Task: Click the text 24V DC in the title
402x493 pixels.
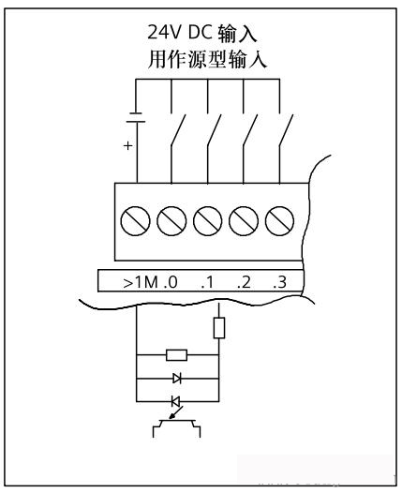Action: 180,32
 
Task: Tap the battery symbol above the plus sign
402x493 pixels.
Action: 136,117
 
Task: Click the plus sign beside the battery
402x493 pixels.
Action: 128,146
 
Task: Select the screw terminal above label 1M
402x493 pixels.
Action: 135,221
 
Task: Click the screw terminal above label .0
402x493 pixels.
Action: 171,221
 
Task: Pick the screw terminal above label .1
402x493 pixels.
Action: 207,221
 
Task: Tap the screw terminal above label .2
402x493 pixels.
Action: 244,221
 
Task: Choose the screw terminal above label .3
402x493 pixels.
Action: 279,221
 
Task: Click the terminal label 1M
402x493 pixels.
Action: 147,281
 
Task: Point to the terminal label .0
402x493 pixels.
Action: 171,282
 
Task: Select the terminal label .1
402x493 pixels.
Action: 207,282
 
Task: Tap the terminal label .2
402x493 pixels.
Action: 244,282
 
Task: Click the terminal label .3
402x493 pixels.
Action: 279,282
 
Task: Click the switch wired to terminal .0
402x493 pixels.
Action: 178,129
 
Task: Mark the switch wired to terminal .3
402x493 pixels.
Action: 287,129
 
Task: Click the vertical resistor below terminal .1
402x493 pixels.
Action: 218,328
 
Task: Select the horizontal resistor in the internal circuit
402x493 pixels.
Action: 177,355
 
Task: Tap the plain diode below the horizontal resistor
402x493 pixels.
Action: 177,378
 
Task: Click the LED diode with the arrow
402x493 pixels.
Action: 176,401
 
